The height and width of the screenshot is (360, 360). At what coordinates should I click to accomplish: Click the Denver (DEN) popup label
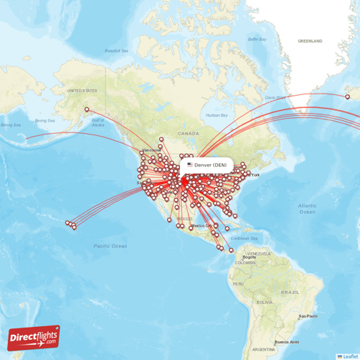pos(208,165)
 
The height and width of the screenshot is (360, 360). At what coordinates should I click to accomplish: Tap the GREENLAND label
pos(310,41)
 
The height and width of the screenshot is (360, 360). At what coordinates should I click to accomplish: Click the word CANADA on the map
pos(189,133)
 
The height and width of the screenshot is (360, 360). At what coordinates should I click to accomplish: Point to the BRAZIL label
pos(292,292)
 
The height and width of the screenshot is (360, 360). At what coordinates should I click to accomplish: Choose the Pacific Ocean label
pos(110,246)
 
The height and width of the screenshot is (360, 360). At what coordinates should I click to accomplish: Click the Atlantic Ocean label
pos(307,209)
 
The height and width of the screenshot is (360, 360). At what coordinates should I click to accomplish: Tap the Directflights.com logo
pos(34,338)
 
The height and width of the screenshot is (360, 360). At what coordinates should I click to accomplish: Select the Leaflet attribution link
pos(349,356)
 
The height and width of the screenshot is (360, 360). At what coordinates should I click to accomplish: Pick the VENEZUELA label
pos(257,254)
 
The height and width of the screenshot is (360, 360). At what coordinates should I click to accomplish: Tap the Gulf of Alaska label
pos(98,123)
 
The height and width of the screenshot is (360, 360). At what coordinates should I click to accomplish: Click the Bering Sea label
pos(45,120)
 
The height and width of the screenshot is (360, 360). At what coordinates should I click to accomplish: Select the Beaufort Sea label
pos(116,50)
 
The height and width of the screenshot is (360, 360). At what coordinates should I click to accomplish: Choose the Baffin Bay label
pos(257,39)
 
